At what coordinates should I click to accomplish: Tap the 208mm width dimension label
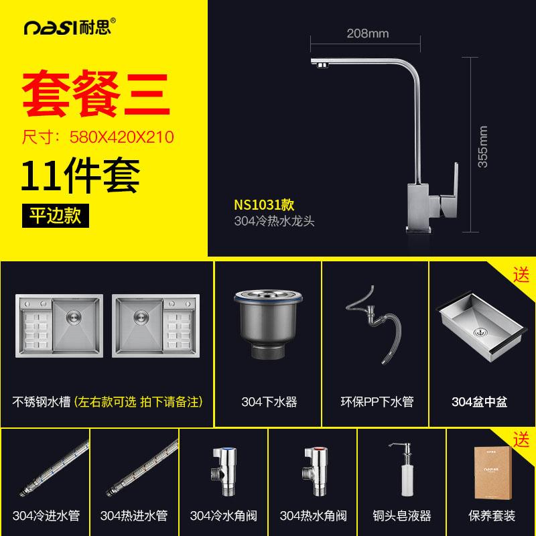(367, 33)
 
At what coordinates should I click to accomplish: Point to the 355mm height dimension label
(482, 147)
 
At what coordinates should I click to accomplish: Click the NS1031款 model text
(264, 205)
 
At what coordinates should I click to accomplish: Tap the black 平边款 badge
(56, 216)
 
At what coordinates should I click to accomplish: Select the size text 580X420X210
(122, 137)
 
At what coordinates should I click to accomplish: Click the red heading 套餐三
(96, 93)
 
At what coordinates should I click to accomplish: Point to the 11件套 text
(80, 176)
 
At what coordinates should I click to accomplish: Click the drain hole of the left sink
(74, 316)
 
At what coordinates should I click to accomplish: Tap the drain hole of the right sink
(141, 316)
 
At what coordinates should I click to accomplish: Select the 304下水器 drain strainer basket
(268, 324)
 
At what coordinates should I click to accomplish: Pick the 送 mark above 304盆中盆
(521, 275)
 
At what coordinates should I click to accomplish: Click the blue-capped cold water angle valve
(224, 472)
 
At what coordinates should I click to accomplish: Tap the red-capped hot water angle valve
(315, 472)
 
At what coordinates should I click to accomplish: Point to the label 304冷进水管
(46, 515)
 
